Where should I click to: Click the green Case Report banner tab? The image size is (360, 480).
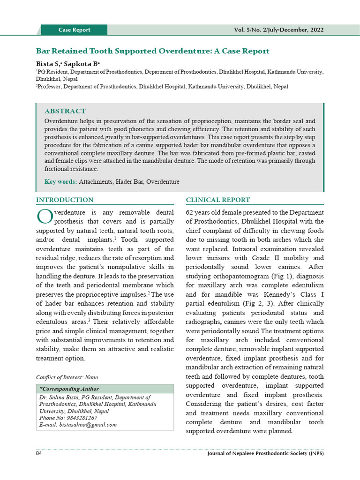tap(74, 30)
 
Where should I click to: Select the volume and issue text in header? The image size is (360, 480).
tap(278, 30)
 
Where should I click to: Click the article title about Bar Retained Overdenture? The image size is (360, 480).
tap(153, 51)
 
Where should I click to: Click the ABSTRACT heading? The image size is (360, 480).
tap(65, 111)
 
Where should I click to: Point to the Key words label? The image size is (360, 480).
tap(61, 181)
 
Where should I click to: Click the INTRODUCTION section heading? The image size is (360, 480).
tap(65, 200)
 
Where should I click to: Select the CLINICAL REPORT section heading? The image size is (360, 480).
tap(218, 200)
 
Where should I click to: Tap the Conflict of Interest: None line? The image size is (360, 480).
tap(67, 377)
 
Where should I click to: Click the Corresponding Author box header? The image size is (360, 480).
tap(69, 389)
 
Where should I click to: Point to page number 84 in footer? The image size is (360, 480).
tap(39, 454)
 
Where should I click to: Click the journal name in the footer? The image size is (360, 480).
tap(265, 454)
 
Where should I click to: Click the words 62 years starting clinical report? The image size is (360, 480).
tap(201, 212)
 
